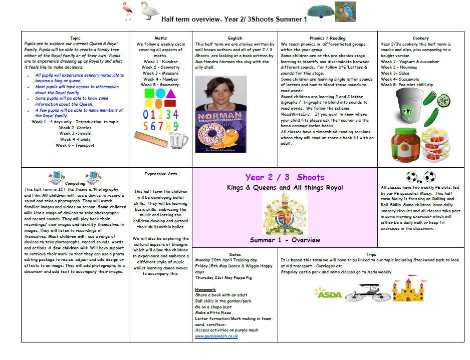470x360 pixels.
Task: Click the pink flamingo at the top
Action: coord(127,11)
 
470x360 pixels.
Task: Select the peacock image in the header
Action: coord(320,12)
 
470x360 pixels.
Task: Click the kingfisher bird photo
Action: coord(345,12)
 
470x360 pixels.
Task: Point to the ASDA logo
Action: coord(328,293)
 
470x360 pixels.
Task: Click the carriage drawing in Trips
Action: coord(367,292)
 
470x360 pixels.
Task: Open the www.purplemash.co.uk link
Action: coord(216,336)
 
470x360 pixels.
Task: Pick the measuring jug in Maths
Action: coord(177,140)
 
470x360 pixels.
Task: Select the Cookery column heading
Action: coord(420,38)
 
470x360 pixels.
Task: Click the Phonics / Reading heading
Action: coord(327,38)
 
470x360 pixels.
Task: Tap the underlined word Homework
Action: coord(205,289)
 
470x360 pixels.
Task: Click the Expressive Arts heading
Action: coord(160,174)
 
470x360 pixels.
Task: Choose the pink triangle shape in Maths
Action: coord(171,94)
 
